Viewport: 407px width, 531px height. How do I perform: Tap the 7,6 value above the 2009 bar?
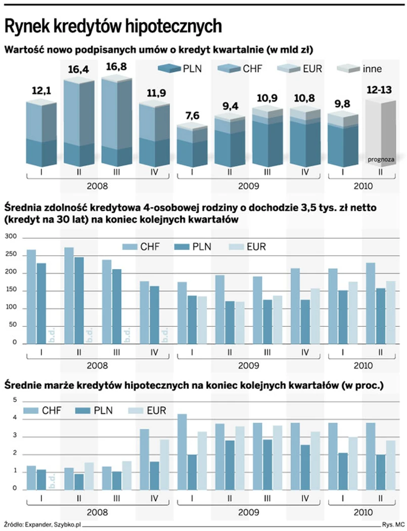192,116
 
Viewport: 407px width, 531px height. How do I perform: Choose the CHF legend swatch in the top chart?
230,68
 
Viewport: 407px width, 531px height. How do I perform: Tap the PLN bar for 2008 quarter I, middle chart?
41,303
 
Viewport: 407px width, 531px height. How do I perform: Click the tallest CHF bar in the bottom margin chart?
182,452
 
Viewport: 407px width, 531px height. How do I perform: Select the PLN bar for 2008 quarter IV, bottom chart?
155,475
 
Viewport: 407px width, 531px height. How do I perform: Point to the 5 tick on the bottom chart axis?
14,400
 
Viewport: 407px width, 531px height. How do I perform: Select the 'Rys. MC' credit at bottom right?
392,523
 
